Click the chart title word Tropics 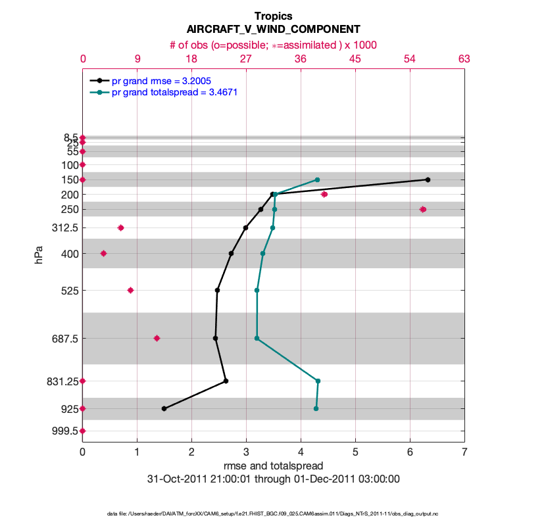click(273, 16)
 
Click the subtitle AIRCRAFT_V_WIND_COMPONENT click(273, 30)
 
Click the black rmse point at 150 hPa click(428, 179)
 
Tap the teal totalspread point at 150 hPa click(317, 179)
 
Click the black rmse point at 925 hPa click(164, 408)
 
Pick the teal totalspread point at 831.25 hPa click(318, 381)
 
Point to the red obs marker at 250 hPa click(423, 209)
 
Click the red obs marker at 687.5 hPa click(157, 338)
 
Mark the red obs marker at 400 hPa click(103, 253)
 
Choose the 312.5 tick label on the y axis click(63, 227)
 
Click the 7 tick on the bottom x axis click(464, 452)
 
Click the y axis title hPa click(39, 254)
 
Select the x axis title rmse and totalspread click(273, 466)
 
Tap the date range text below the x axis click(273, 479)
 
